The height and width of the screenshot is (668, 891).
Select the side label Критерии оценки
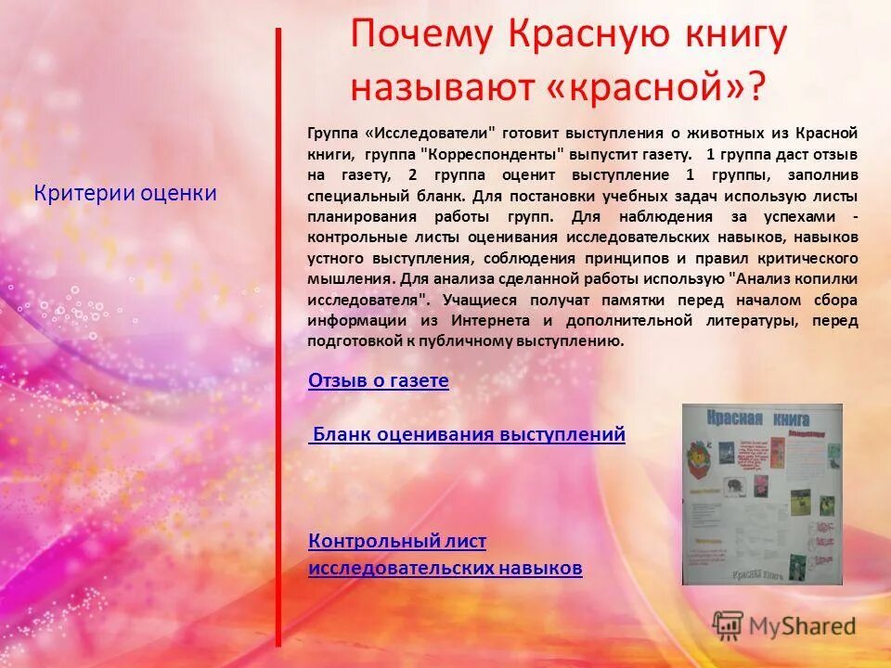point(125,193)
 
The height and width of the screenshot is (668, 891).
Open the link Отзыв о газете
point(378,380)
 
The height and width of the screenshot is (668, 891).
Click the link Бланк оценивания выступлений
point(468,434)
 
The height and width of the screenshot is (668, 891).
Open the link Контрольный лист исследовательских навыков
point(445,555)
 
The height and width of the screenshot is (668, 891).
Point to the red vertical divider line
point(278,334)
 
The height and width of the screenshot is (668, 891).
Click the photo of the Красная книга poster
point(762,494)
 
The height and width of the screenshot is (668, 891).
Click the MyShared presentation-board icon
point(728,625)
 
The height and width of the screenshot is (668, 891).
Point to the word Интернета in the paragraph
point(492,320)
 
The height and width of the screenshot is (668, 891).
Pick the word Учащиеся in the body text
point(482,300)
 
